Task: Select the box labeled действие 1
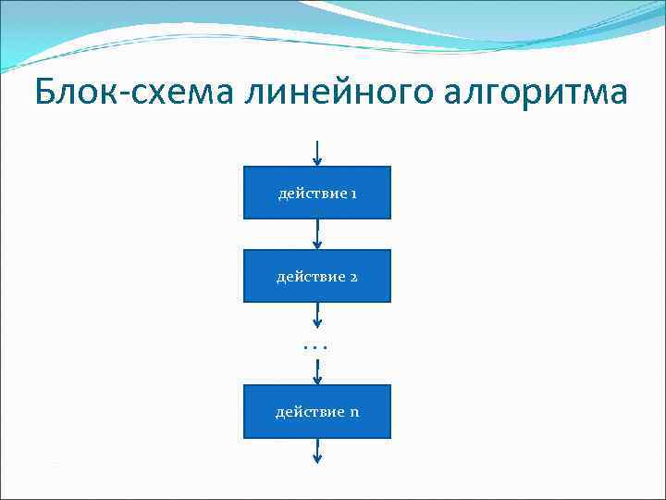[317, 193]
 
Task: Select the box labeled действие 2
[317, 276]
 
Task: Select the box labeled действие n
[317, 411]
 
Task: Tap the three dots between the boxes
[316, 346]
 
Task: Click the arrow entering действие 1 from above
[317, 154]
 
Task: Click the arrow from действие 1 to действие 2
[317, 234]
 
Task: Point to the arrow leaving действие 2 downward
[317, 316]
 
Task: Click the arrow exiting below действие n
[317, 451]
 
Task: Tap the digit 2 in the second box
[353, 277]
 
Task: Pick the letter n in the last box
[354, 412]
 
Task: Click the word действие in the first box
[312, 194]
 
